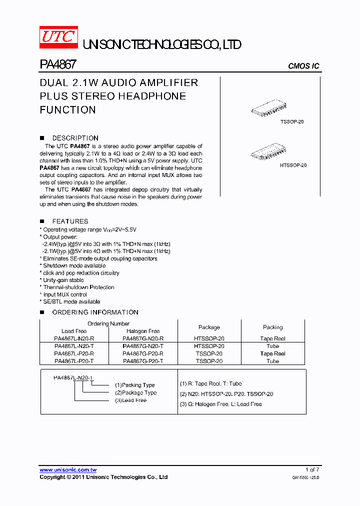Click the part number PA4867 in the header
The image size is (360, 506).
[x=57, y=65]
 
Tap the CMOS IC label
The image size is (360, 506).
[x=303, y=66]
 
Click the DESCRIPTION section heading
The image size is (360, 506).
[x=75, y=138]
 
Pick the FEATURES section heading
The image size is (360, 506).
[x=70, y=221]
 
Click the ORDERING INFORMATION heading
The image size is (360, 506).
[x=95, y=312]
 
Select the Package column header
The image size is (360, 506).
[x=209, y=327]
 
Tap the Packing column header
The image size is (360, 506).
[x=272, y=327]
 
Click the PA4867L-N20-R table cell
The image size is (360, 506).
[x=74, y=338]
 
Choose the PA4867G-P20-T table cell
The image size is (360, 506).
[x=143, y=361]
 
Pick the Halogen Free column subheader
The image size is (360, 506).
[x=143, y=331]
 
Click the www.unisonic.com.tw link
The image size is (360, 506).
[x=68, y=470]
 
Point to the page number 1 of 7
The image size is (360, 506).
[x=312, y=469]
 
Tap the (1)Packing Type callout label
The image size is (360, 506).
[x=135, y=385]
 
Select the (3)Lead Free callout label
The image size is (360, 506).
[x=131, y=400]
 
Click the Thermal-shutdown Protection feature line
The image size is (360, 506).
[x=78, y=287]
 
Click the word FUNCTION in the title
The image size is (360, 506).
[x=67, y=109]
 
